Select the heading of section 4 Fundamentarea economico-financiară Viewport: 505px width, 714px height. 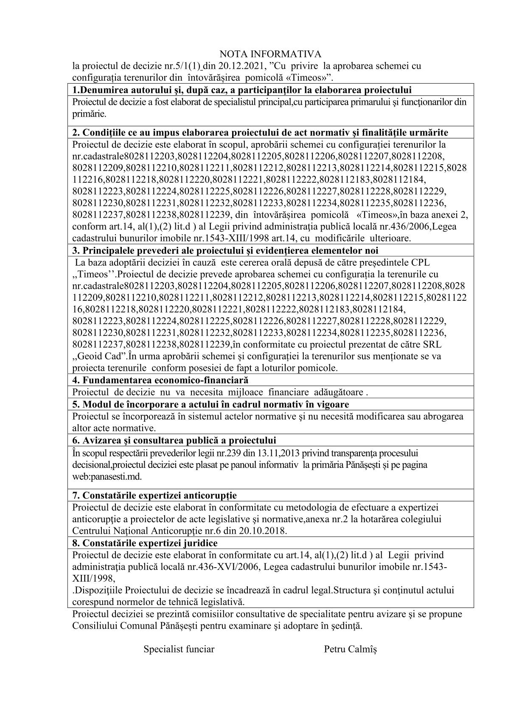[x=160, y=380]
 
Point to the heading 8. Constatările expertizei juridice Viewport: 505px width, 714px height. [x=145, y=543]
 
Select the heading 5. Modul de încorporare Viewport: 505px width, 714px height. [x=210, y=404]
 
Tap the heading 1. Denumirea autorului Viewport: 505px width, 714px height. [x=242, y=90]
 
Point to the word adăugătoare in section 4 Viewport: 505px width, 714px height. [x=338, y=392]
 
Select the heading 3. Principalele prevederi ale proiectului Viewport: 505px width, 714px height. [x=225, y=250]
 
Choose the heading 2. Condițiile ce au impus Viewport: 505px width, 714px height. [x=260, y=132]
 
